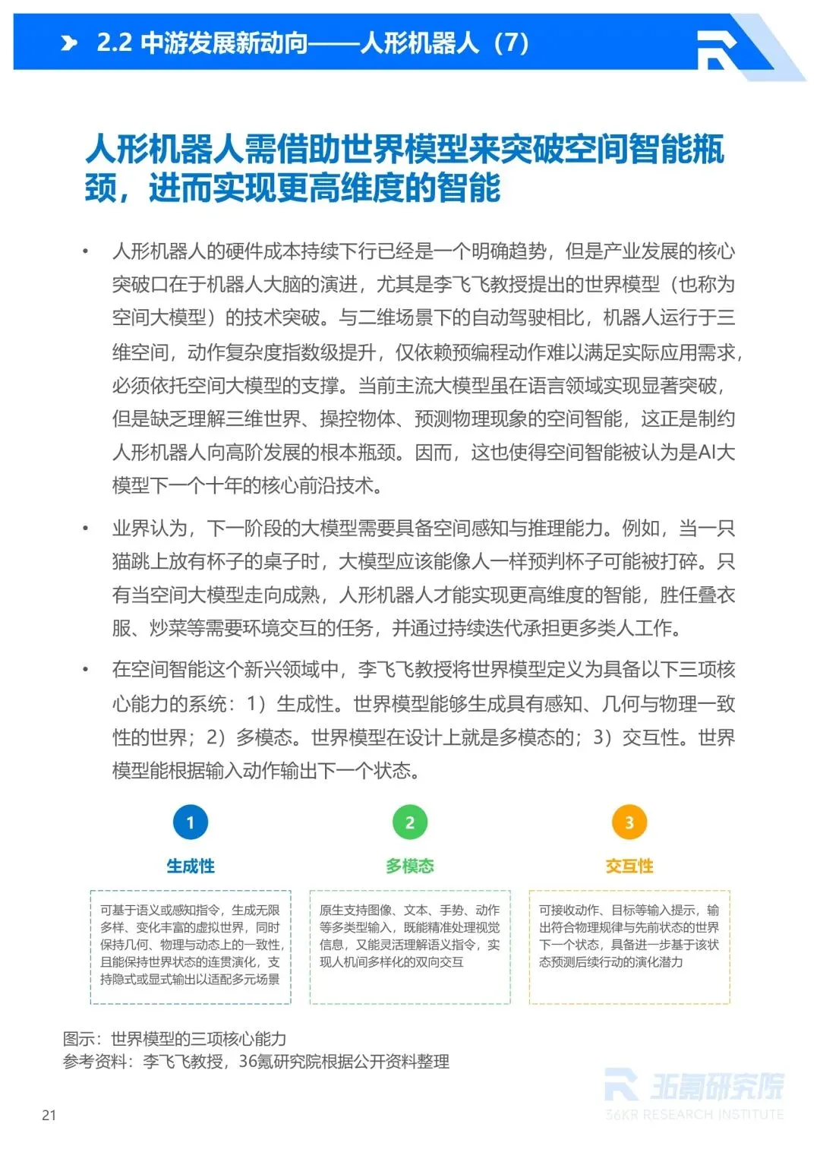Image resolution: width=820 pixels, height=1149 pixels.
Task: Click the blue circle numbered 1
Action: pyautogui.click(x=190, y=822)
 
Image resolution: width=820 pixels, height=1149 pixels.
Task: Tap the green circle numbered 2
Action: pyautogui.click(x=410, y=822)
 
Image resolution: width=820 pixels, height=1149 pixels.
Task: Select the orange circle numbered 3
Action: pyautogui.click(x=629, y=822)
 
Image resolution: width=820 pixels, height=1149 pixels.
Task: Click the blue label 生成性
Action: pyautogui.click(x=191, y=866)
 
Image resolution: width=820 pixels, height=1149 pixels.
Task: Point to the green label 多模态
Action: pyautogui.click(x=410, y=866)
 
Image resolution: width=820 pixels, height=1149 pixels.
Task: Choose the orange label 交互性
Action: pyautogui.click(x=629, y=866)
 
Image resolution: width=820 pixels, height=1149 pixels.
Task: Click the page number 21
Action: pyautogui.click(x=49, y=1115)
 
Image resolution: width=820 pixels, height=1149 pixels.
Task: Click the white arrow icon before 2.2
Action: pyautogui.click(x=69, y=43)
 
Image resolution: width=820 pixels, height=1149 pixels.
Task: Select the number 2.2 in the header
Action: pyautogui.click(x=114, y=43)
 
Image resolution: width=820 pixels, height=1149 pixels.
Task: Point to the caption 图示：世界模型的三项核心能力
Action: pyautogui.click(x=175, y=1038)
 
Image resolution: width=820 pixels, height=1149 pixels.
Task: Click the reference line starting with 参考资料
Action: pyautogui.click(x=256, y=1061)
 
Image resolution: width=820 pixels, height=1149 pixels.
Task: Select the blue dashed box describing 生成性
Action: pyautogui.click(x=191, y=946)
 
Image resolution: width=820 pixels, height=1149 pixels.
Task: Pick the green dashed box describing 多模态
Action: pyautogui.click(x=410, y=946)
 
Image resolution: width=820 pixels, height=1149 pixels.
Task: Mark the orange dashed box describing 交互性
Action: pyautogui.click(x=629, y=946)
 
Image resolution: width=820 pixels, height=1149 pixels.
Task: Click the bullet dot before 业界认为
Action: pyautogui.click(x=86, y=529)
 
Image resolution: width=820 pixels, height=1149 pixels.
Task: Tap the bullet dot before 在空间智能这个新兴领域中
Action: pyautogui.click(x=86, y=670)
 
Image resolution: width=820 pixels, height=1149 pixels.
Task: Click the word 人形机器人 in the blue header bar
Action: pyautogui.click(x=420, y=43)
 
